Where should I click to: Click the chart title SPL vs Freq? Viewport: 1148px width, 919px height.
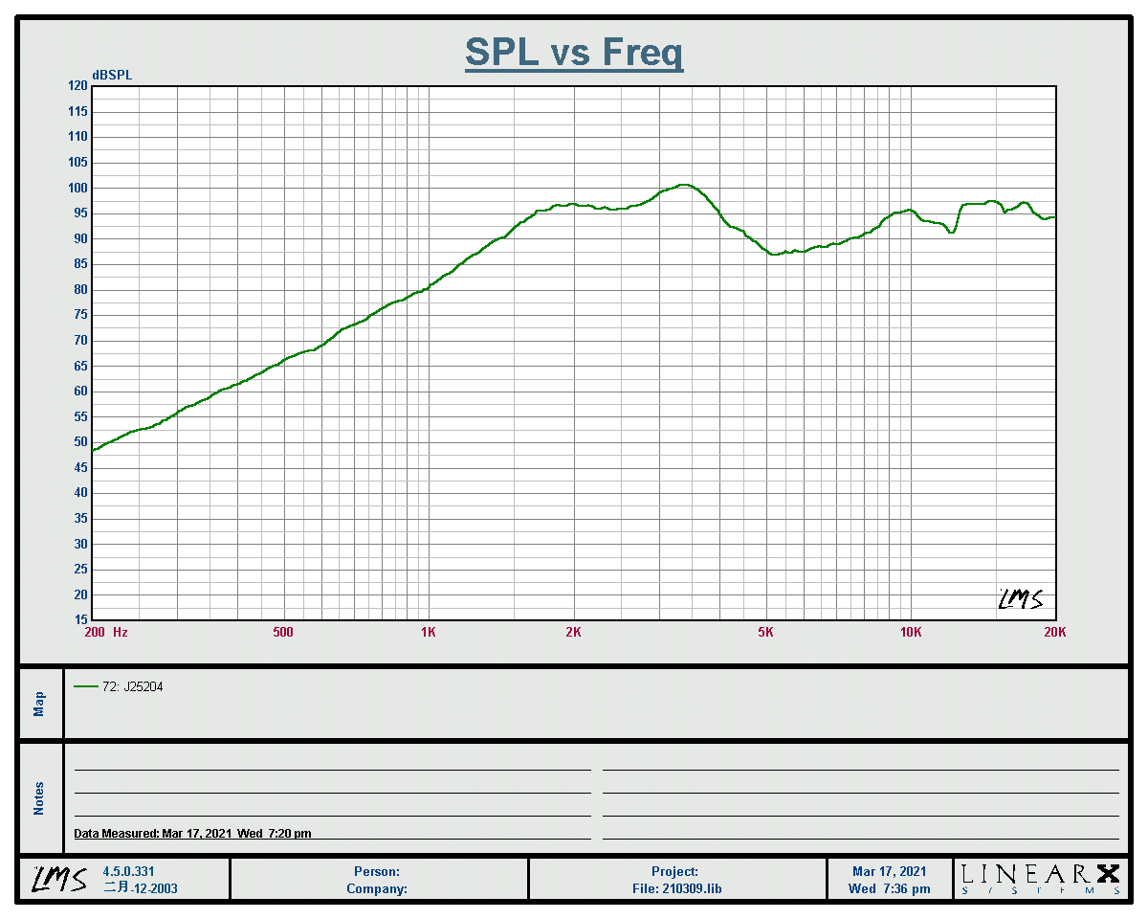click(x=574, y=52)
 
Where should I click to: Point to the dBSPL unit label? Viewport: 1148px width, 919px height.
click(x=112, y=76)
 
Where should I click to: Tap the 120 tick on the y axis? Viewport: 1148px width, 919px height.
click(x=77, y=86)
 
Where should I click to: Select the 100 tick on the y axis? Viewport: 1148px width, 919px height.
click(x=77, y=188)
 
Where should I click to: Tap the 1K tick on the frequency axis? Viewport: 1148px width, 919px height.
click(x=429, y=632)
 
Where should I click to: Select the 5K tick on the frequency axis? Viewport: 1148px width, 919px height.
click(x=765, y=632)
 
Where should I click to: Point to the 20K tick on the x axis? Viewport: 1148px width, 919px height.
click(x=1054, y=632)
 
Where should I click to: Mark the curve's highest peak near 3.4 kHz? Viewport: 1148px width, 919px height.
click(x=683, y=185)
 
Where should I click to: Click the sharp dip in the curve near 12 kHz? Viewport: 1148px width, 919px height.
click(x=951, y=232)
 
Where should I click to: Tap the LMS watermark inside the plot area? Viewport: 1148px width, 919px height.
click(x=1020, y=599)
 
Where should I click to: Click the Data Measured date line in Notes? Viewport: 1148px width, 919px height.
click(x=192, y=834)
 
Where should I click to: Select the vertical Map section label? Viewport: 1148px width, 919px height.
click(x=39, y=705)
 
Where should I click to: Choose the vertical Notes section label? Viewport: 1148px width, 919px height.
click(x=39, y=798)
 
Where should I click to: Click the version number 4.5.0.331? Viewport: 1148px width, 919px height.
click(x=128, y=872)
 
